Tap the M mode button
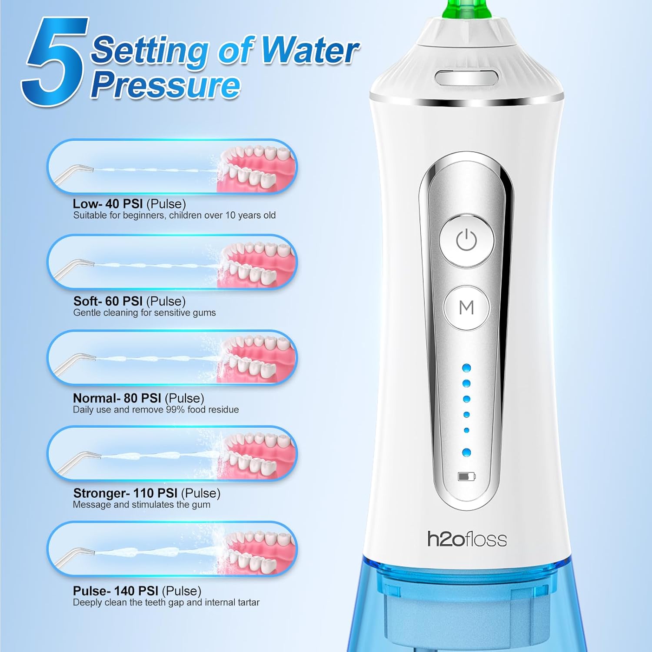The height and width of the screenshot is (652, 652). pyautogui.click(x=466, y=307)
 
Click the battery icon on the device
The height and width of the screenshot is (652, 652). pyautogui.click(x=466, y=477)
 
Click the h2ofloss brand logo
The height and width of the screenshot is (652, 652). pyautogui.click(x=467, y=539)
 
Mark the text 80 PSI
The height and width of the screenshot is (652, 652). pyautogui.click(x=142, y=398)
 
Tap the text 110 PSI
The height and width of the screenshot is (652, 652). pyautogui.click(x=155, y=493)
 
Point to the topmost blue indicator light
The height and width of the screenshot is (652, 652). pyautogui.click(x=467, y=368)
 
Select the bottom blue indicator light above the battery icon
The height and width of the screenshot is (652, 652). pyautogui.click(x=467, y=452)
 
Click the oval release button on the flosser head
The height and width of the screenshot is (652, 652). pyautogui.click(x=466, y=78)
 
